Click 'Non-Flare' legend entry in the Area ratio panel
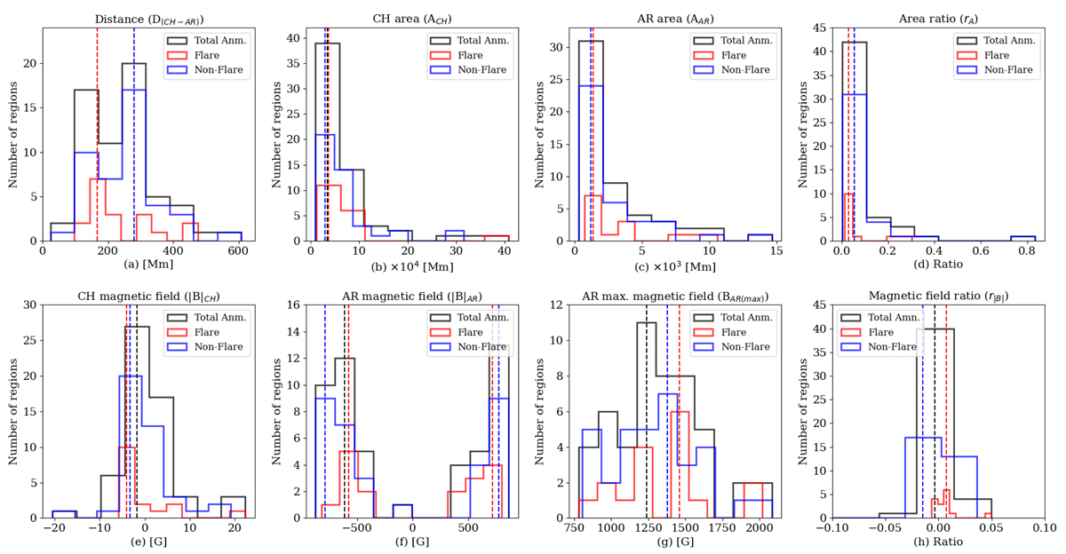tap(1009, 70)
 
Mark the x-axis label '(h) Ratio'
tap(938, 542)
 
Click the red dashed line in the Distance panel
tap(97, 133)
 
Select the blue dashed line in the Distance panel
tap(134, 133)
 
